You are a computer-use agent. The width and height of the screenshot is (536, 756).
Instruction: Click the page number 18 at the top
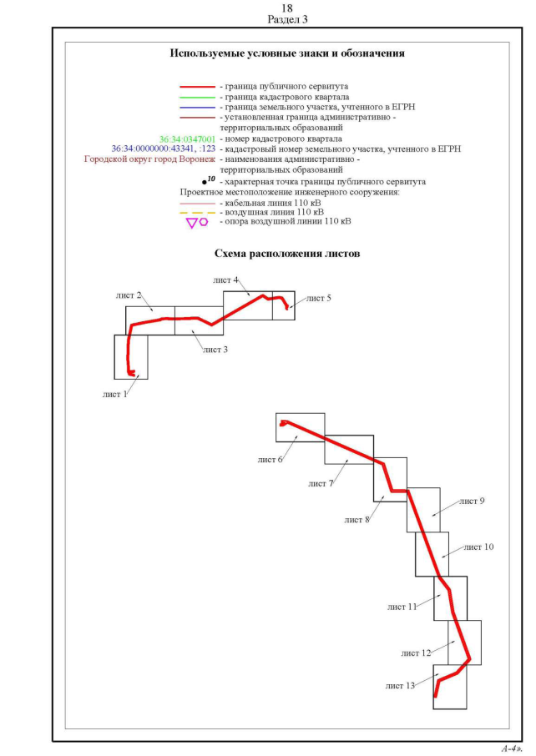(287, 8)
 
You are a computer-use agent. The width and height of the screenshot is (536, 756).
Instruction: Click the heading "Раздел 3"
(287, 20)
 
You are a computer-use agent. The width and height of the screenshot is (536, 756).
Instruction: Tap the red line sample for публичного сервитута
(197, 87)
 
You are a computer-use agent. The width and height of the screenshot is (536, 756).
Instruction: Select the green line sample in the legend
(197, 97)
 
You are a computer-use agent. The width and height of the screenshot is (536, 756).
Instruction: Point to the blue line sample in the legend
(197, 107)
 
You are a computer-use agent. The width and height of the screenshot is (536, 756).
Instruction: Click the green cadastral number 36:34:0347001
(187, 139)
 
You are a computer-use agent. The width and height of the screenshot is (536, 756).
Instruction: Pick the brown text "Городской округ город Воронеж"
(149, 159)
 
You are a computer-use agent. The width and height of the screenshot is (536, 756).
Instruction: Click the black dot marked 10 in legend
(205, 183)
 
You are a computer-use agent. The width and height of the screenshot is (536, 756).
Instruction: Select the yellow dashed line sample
(197, 213)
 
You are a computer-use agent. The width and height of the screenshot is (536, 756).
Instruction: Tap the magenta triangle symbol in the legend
(191, 224)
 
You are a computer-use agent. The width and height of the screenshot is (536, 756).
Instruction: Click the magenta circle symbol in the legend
(204, 222)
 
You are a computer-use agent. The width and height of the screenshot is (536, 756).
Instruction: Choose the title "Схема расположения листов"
(287, 254)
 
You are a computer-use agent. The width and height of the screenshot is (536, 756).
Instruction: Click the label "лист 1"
(115, 395)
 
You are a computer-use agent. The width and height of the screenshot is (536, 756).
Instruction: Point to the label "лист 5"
(318, 299)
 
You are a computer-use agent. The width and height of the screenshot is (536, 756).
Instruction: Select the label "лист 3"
(215, 350)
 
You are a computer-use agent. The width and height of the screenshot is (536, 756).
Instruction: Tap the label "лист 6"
(271, 460)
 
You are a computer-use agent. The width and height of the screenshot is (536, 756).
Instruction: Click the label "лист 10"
(479, 547)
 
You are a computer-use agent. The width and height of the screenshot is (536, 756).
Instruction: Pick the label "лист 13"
(401, 686)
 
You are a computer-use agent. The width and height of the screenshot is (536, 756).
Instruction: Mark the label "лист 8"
(357, 520)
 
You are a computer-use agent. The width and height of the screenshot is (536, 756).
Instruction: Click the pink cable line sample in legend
(197, 204)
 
